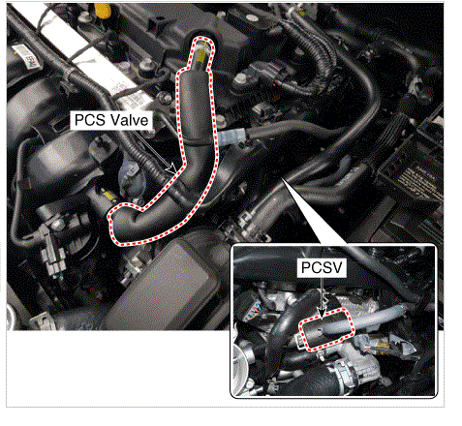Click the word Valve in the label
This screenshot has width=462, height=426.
pos(129,120)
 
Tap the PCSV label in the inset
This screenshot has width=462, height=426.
pos(322,267)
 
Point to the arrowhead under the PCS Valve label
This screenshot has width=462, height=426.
pos(171,168)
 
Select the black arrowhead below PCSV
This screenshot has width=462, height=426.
pos(322,312)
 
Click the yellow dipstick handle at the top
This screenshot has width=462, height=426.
pos(103,10)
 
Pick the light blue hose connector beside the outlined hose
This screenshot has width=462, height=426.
pos(231,137)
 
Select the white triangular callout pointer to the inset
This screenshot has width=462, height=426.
pos(311,210)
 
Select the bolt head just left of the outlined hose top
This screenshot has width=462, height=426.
pos(146,65)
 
